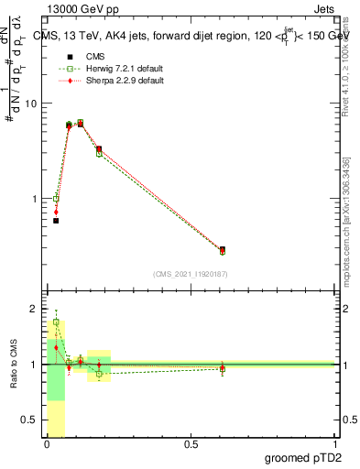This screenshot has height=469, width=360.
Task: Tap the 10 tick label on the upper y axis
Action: click(31, 103)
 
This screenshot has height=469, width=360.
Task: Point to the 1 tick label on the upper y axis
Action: click(34, 198)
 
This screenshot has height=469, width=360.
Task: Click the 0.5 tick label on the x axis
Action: click(191, 444)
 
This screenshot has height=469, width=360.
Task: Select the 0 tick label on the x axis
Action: click(47, 444)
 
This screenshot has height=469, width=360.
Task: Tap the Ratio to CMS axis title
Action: click(16, 365)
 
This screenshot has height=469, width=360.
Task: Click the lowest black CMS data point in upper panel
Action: click(56, 221)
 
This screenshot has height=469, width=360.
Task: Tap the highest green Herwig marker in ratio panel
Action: click(56, 322)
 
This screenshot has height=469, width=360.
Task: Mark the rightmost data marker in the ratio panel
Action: click(223, 369)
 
